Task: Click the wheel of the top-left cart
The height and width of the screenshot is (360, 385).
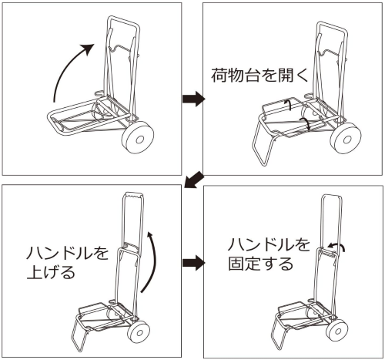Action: pos(138,137)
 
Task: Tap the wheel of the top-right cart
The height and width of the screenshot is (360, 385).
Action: pos(346,138)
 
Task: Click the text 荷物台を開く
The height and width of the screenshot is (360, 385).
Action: pos(259,75)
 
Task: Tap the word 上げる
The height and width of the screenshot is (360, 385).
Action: pos(51,272)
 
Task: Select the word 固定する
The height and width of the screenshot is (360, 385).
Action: pos(260,264)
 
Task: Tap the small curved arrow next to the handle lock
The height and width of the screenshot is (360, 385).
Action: pos(336,246)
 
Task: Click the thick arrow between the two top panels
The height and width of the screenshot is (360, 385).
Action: pos(194,99)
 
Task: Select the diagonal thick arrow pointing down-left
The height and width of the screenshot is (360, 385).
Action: pos(194,180)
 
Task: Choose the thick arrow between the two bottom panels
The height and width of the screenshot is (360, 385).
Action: pos(194,263)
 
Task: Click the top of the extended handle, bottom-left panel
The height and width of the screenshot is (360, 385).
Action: pos(134,194)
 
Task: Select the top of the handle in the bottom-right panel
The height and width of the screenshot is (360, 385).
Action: pos(332,196)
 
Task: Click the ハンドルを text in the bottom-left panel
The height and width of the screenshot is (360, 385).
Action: pos(67,252)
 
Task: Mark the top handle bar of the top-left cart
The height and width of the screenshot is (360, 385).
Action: pos(123,21)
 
